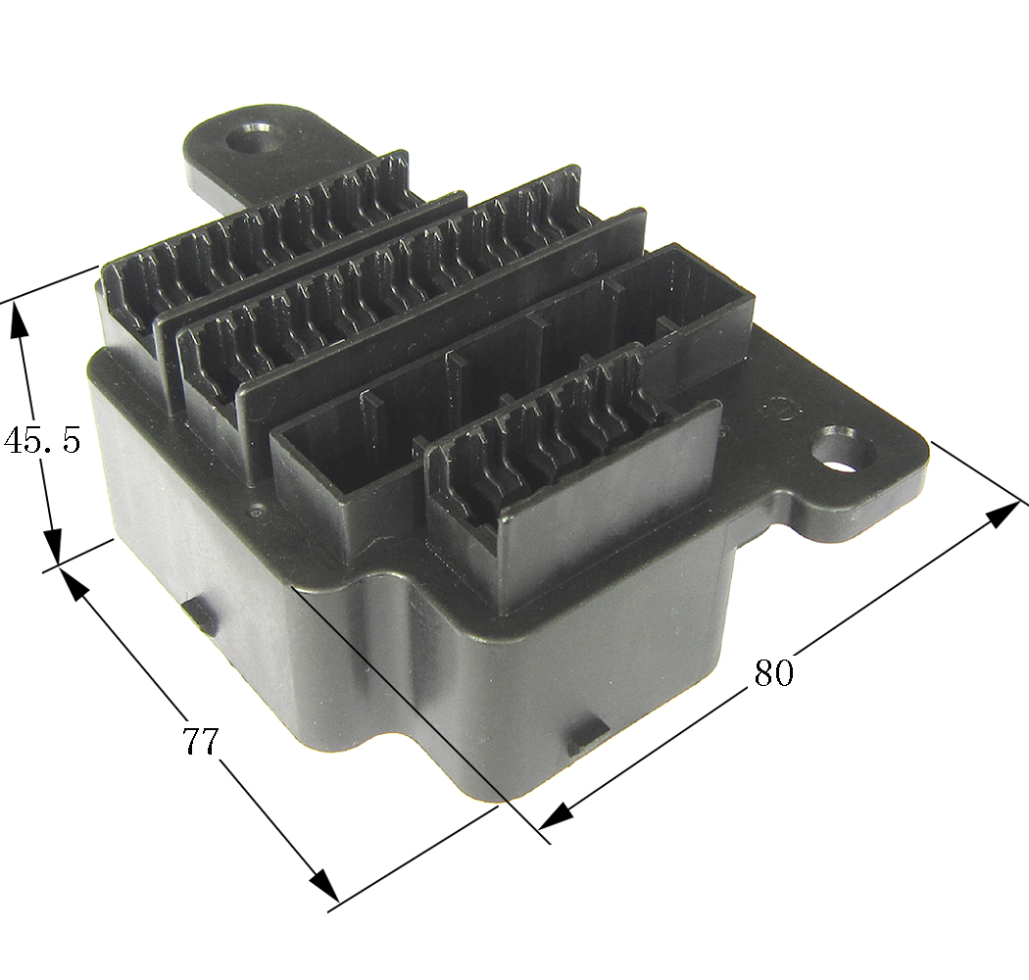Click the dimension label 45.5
tap(42, 440)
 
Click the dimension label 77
tap(199, 741)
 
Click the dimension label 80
tap(774, 672)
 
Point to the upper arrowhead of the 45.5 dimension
tap(19, 320)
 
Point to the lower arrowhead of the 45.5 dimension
tap(53, 545)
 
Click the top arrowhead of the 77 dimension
tap(73, 583)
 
